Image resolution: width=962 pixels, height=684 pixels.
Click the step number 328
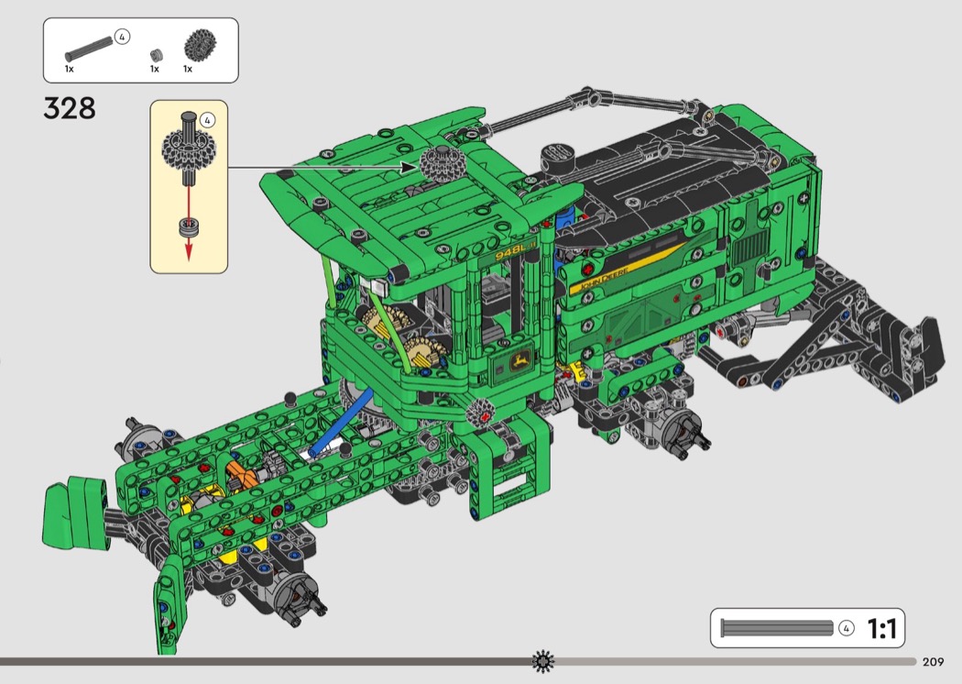70,108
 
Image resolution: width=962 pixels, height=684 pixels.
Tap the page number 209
933,661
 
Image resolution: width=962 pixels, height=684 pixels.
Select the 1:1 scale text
881,628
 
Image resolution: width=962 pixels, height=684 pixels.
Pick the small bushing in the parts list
156,55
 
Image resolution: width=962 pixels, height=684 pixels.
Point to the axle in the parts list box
89,49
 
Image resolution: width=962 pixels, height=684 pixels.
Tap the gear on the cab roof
443,163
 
